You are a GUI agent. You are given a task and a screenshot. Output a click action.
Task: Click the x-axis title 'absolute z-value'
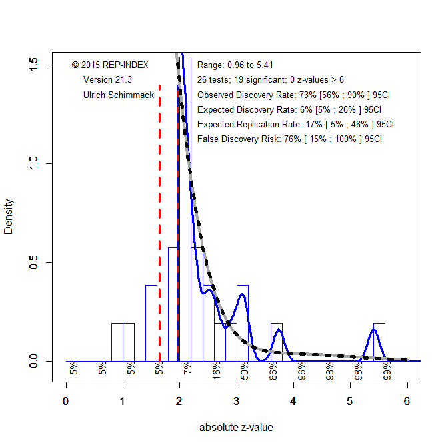click(x=236, y=428)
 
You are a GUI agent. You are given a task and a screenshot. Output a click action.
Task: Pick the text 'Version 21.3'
click(x=107, y=80)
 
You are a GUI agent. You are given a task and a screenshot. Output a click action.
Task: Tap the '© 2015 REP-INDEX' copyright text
click(x=110, y=65)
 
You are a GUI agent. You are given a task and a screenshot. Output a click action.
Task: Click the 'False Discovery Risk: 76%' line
click(x=289, y=139)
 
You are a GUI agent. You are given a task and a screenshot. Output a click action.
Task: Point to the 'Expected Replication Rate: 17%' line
click(x=295, y=124)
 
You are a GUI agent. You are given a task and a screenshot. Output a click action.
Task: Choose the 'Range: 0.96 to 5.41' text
click(x=235, y=65)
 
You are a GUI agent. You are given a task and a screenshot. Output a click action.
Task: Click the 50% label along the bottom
click(x=245, y=370)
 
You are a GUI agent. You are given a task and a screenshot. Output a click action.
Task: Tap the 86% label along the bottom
click(x=273, y=370)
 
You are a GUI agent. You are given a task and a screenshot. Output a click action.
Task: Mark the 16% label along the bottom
click(x=217, y=370)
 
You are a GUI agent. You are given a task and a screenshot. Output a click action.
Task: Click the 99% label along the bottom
click(x=387, y=370)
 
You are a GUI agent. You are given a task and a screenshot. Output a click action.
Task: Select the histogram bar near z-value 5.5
click(x=379, y=342)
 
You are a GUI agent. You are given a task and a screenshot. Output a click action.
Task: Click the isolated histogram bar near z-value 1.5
click(x=151, y=323)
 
